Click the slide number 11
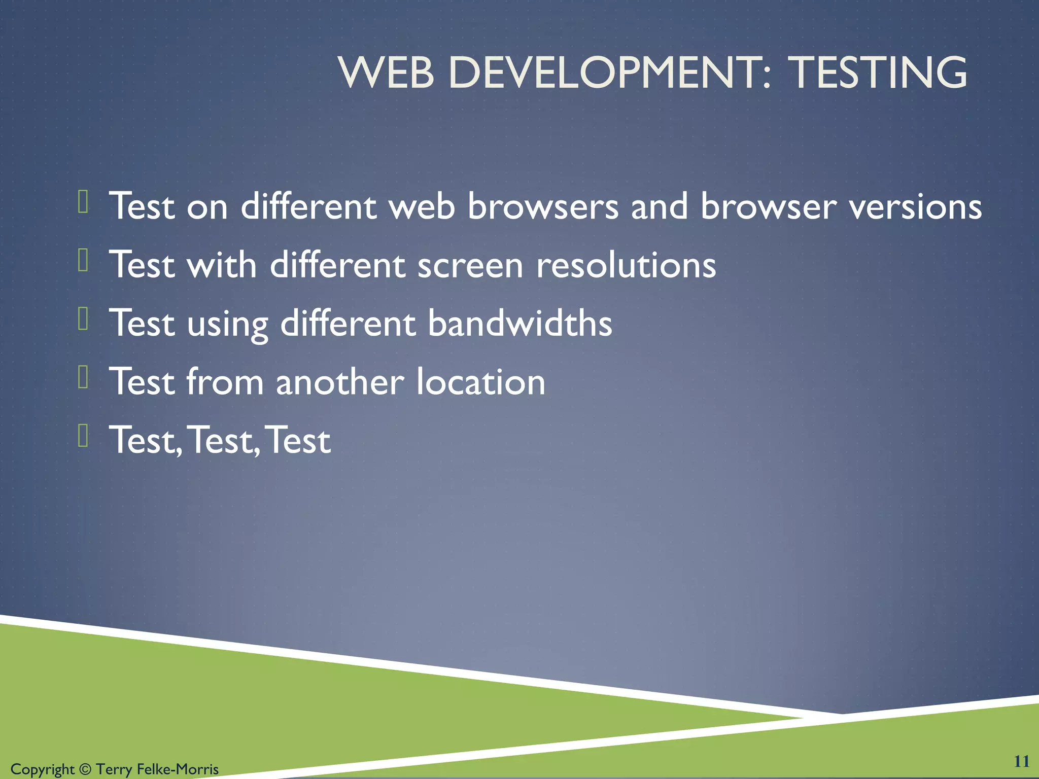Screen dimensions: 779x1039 click(x=1021, y=761)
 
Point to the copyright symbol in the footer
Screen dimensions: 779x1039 click(x=85, y=769)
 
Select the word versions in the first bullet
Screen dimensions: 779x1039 click(x=916, y=207)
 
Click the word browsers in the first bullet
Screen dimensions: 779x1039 click(x=543, y=207)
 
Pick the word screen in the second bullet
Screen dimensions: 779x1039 click(x=470, y=265)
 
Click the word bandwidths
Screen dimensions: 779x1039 click(x=520, y=323)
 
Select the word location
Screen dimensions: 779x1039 click(x=480, y=381)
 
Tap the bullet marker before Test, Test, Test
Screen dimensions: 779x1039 click(x=84, y=435)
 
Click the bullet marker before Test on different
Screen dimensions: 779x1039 click(x=84, y=201)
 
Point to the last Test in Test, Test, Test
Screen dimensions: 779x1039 click(x=298, y=440)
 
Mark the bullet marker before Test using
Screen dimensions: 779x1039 click(x=84, y=318)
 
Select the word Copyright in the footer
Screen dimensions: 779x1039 click(x=43, y=769)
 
